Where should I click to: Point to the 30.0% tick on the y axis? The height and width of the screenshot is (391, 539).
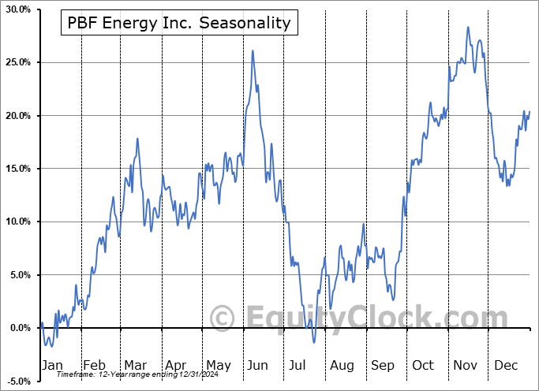[17, 9]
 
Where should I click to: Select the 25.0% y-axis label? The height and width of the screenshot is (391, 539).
[17, 62]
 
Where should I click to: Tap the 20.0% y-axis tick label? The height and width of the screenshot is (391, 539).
[17, 116]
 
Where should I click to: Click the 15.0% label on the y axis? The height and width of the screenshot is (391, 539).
[17, 169]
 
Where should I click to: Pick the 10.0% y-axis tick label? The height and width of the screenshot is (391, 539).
[17, 222]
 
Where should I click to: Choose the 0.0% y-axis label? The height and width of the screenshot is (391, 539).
[18, 328]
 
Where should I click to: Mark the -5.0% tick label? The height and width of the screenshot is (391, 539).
[17, 382]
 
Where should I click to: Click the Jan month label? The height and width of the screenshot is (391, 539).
[51, 366]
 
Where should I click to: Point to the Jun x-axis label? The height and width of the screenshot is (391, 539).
[256, 366]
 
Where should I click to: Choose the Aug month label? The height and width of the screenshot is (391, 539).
[342, 366]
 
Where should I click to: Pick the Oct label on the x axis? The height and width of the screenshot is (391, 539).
[423, 366]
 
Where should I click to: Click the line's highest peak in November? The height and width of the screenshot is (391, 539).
[468, 27]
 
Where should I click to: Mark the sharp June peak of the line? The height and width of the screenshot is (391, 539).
[253, 50]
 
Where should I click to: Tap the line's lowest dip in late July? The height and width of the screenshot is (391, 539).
[313, 342]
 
